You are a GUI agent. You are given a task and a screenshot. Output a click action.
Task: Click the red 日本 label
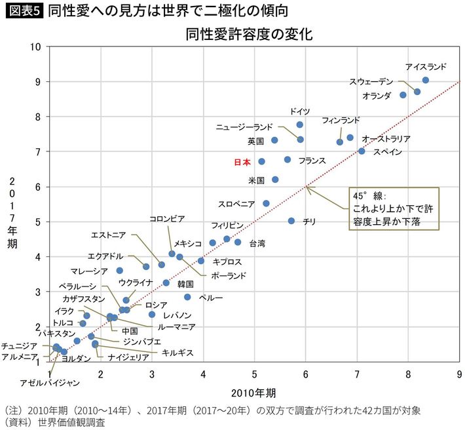[x=242, y=161]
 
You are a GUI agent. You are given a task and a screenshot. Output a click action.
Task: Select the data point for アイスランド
[x=426, y=80]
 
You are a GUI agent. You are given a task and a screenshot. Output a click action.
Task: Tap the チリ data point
[x=291, y=221]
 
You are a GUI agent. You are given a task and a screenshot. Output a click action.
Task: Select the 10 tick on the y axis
[x=37, y=47]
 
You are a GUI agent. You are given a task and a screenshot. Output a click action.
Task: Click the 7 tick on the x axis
[x=357, y=374]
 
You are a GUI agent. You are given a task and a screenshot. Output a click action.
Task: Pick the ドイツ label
[x=299, y=111]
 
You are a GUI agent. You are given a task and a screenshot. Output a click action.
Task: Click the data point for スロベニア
[x=266, y=203]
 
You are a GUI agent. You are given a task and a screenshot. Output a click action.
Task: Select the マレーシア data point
[x=120, y=270]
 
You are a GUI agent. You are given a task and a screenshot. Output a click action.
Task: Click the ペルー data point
[x=187, y=297]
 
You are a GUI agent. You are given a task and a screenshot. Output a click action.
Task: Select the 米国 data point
[x=275, y=180]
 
